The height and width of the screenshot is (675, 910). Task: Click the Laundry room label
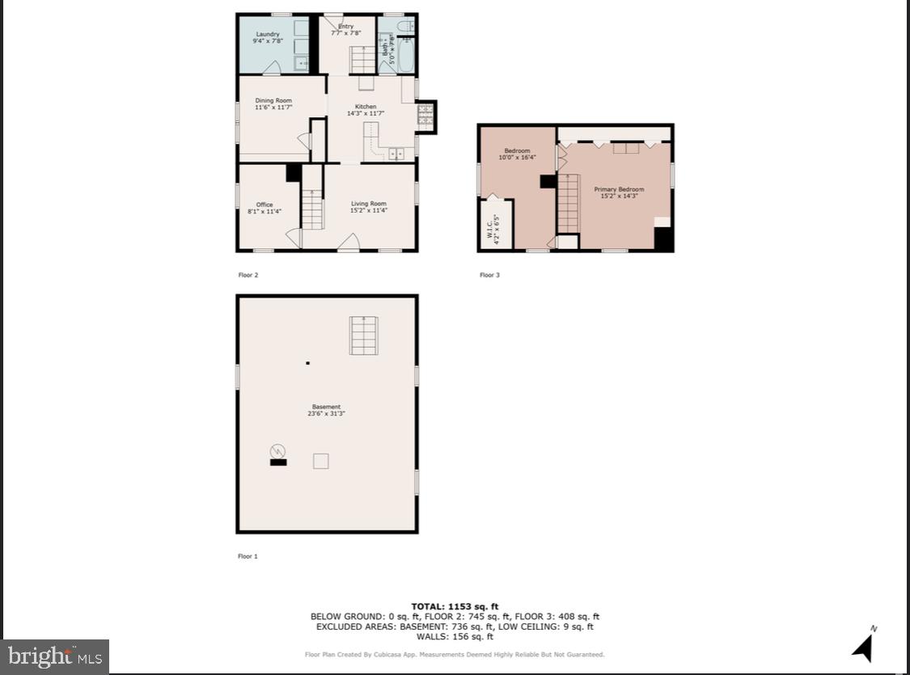267,34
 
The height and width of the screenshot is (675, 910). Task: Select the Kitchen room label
366,107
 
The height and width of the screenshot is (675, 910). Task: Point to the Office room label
265,205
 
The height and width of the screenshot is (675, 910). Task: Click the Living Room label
368,204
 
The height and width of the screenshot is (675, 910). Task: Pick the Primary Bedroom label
619,189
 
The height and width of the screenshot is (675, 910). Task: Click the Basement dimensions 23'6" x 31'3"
326,414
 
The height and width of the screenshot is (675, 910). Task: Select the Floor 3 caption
489,275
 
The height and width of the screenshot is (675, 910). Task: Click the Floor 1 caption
248,556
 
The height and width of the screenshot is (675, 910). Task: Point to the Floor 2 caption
248,275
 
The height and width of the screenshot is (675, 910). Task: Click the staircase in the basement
364,335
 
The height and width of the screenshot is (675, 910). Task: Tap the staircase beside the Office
312,209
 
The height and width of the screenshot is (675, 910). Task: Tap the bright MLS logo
55,656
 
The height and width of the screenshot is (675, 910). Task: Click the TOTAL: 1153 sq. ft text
455,606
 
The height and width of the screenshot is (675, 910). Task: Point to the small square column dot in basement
307,363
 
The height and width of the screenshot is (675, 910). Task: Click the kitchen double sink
396,153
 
